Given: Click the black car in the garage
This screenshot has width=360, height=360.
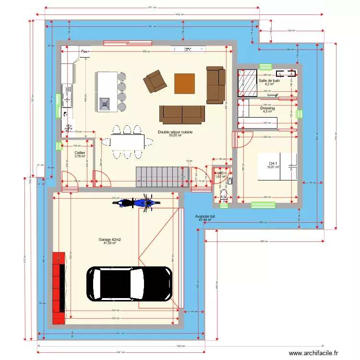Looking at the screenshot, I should coord(129,284).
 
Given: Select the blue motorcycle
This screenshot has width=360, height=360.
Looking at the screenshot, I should coord(135,203).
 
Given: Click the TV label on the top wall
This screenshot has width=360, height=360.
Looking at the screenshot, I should coord(188,49).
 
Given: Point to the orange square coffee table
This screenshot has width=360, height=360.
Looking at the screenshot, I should coord(185,83).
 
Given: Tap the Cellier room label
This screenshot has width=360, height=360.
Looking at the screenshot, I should coord(80,153).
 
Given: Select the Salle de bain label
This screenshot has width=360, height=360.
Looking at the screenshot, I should coord(269,81).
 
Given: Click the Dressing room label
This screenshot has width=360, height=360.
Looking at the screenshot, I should coord(267,108).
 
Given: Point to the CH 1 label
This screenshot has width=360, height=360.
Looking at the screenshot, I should coord(274,163).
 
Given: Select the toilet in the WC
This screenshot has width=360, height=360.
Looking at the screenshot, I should coord(223,194).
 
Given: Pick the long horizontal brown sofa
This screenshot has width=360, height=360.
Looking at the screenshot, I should coord(182,114).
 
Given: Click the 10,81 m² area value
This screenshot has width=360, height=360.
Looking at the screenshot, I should coord(274,167).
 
